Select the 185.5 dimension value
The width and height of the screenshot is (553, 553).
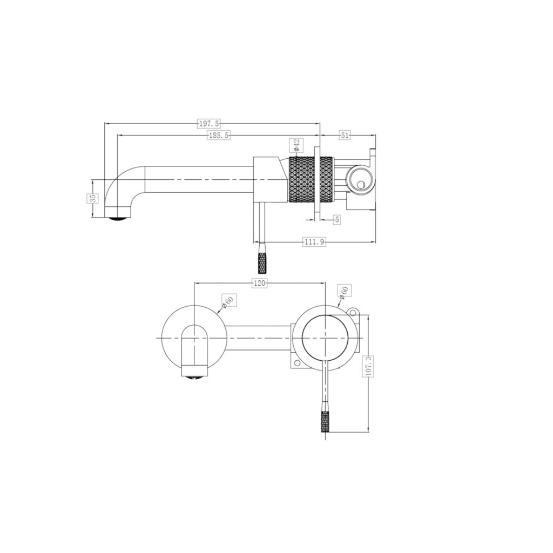pyautogui.click(x=218, y=136)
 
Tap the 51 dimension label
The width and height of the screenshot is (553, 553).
pyautogui.click(x=345, y=136)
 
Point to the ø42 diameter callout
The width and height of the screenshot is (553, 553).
pyautogui.click(x=297, y=145)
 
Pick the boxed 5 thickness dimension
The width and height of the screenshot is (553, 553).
pyautogui.click(x=337, y=219)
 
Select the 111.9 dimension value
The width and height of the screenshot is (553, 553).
pyautogui.click(x=314, y=242)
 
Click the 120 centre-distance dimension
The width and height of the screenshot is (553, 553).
pyautogui.click(x=259, y=283)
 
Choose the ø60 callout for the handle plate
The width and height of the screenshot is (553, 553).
pyautogui.click(x=343, y=292)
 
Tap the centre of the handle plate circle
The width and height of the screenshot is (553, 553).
pyautogui.click(x=325, y=337)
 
